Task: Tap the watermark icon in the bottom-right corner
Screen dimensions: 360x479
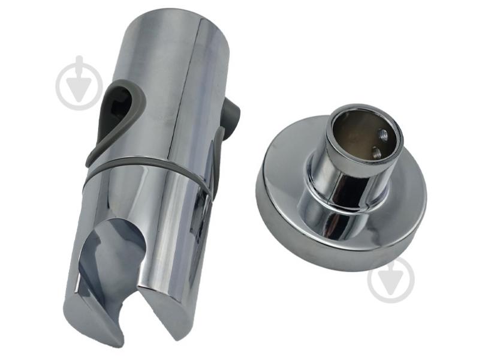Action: coord(391,280)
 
